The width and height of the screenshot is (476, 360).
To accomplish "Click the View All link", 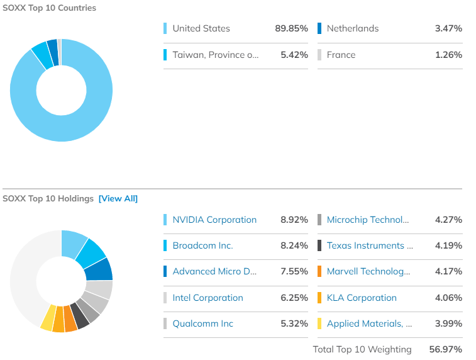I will [118, 199].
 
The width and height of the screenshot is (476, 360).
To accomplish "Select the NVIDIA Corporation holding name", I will [214, 220].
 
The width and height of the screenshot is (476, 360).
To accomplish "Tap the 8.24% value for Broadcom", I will [294, 245].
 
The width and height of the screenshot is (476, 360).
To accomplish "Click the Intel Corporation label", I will [208, 298].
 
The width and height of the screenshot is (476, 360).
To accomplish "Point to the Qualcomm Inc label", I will [202, 323].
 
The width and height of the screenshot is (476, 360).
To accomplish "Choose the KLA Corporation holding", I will [362, 298].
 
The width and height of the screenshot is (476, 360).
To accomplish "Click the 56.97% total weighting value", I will [448, 349].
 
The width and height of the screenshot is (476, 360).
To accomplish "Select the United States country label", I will [201, 28].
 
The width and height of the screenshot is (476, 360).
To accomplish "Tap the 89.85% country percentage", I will [291, 28].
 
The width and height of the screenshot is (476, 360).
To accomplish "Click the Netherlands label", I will [353, 28].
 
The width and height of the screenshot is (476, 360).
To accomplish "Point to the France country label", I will [341, 55].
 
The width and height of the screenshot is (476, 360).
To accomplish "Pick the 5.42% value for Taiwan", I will [294, 55].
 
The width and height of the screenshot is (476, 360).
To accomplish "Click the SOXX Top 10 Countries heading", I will [50, 8].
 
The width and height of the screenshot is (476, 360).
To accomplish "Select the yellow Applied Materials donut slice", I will [47, 319].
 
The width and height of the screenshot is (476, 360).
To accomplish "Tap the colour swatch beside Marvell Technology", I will [320, 272].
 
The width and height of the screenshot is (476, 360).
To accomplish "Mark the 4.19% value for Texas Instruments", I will [448, 245].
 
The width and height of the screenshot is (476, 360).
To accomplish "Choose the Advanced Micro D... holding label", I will [214, 272].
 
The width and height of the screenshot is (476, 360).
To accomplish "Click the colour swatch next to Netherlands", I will [320, 28].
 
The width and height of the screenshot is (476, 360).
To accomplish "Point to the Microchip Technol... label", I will [368, 220].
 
